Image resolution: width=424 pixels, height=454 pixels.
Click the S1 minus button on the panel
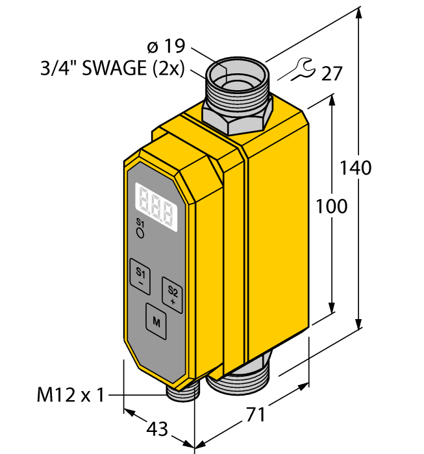click(140, 276)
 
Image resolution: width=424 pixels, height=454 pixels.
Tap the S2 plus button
click(172, 295)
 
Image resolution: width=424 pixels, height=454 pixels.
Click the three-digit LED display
click(156, 207)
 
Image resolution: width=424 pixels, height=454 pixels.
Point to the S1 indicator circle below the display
click(140, 233)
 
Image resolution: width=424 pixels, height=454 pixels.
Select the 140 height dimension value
click(355, 167)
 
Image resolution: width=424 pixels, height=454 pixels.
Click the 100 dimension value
click(331, 206)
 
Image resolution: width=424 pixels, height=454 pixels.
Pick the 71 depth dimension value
click(255, 414)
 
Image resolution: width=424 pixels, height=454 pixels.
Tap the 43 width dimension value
click(156, 429)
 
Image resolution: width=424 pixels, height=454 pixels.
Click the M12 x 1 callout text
click(70, 394)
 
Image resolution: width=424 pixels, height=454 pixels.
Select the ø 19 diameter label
click(166, 46)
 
